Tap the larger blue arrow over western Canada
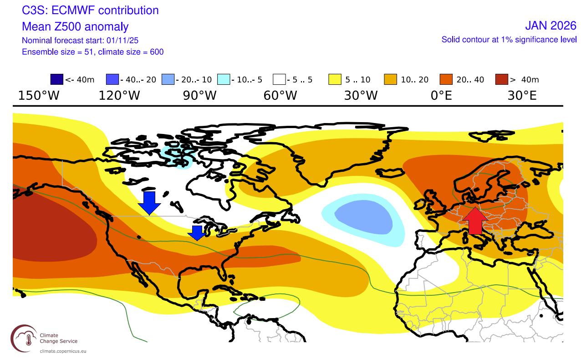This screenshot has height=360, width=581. coord(149,202)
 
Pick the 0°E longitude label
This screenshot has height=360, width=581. coord(441,96)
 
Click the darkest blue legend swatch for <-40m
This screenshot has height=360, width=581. coord(56,80)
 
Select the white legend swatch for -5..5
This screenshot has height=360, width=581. coord(279,80)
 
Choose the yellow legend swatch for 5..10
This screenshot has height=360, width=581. coord(335,80)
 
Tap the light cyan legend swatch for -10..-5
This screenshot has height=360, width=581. coord(224,80)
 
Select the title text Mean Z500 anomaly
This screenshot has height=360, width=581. coord(75,26)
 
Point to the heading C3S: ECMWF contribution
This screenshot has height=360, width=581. coord(90,10)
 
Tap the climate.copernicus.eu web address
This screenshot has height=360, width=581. coord(63,351)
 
